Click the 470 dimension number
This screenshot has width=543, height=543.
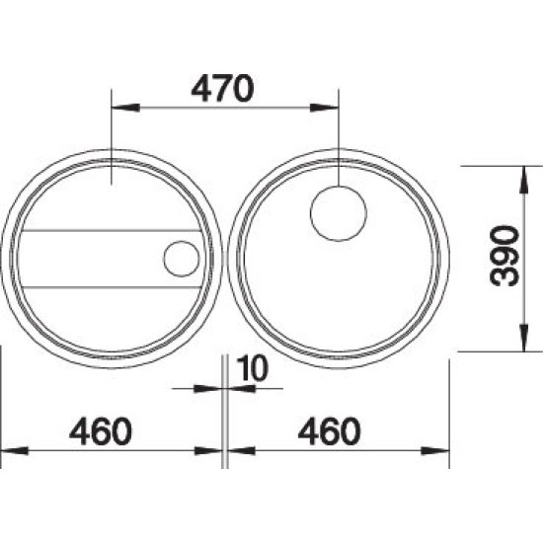click(222, 88)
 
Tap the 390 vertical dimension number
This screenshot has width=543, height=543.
click(505, 256)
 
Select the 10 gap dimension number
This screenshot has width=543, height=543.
click(253, 368)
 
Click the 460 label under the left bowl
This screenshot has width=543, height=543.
click(101, 431)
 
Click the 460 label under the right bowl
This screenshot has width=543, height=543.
click(330, 431)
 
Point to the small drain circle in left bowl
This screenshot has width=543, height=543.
click(182, 259)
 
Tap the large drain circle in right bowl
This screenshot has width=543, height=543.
click(339, 213)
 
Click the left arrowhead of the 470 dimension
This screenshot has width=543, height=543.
click(125, 108)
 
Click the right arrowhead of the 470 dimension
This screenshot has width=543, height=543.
click(324, 108)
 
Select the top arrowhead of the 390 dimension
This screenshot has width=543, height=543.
click(524, 180)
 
